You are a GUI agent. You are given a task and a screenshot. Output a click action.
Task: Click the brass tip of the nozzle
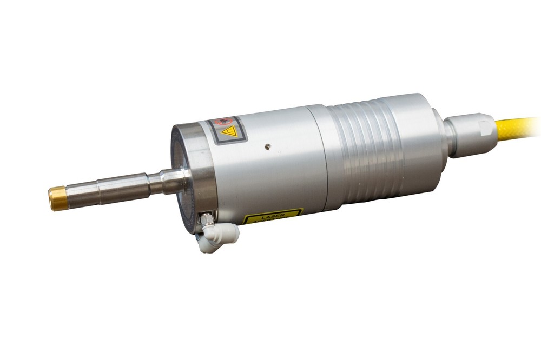tap(56, 198)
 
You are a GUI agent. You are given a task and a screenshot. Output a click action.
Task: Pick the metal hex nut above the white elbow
tap(205, 220)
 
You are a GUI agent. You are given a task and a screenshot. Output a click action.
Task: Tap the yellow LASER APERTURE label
tap(272, 216)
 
